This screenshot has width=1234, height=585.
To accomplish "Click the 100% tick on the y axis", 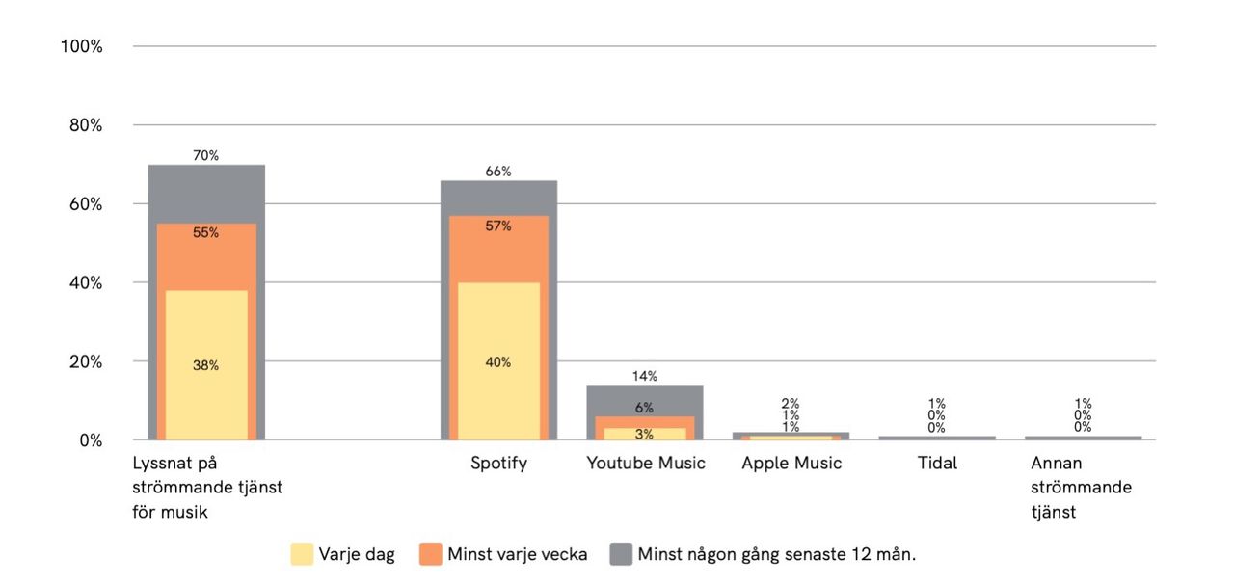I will (x=81, y=46).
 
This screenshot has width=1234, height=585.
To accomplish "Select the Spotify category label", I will (x=498, y=464).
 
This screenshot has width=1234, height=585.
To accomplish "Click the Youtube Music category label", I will (x=646, y=464).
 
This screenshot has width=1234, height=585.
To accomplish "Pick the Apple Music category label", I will (x=791, y=464).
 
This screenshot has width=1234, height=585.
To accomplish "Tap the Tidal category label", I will (x=937, y=464).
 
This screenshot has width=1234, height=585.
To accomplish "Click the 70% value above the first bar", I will (x=205, y=155).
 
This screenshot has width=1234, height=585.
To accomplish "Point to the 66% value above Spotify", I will (x=498, y=172).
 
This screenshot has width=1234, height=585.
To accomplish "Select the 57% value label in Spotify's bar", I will (x=498, y=226).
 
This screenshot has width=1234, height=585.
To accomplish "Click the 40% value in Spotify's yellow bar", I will (x=498, y=362).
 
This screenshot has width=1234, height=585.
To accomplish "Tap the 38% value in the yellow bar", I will (x=205, y=365).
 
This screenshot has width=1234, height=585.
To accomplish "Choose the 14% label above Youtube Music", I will (x=644, y=376).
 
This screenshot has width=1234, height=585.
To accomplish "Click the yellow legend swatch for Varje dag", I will (x=302, y=554).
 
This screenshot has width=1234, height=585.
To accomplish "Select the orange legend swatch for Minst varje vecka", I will (x=430, y=554).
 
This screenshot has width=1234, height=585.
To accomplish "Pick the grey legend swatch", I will (x=621, y=554).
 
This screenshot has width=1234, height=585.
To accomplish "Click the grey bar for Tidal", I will (x=937, y=438).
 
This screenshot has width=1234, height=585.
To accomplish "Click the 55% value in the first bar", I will (x=205, y=233).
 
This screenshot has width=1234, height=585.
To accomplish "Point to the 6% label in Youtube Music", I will (x=644, y=408).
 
